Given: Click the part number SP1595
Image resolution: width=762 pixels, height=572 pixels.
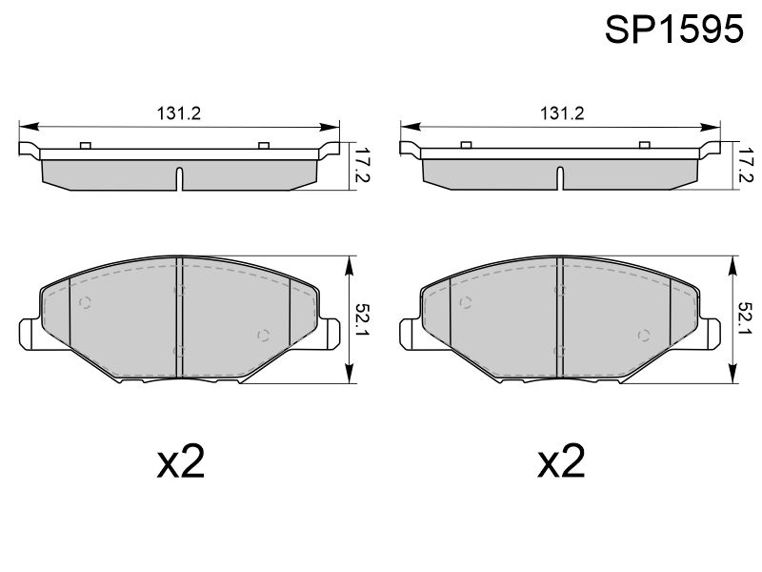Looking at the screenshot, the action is (674, 30).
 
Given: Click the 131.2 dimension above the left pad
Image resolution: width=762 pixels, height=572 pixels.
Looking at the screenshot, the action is (178, 113).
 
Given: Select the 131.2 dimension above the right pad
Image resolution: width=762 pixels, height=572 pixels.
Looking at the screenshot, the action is (562, 113).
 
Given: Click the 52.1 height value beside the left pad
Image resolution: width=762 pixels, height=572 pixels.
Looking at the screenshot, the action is (362, 319).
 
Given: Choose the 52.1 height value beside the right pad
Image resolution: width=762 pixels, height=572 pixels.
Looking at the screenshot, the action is (745, 319).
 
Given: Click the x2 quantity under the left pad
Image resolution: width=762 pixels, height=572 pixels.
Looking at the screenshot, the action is (181, 461).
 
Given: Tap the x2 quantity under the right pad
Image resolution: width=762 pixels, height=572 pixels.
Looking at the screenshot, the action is (561, 461).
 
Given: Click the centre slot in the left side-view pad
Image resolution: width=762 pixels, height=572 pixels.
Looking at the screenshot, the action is (179, 178).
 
